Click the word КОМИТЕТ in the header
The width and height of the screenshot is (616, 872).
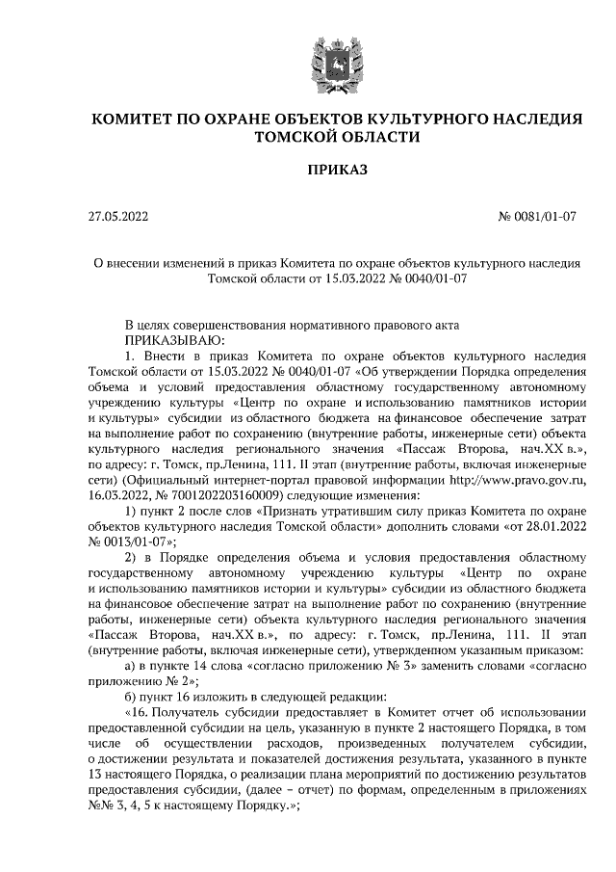point(135,119)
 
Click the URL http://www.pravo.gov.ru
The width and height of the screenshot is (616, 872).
point(506,475)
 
